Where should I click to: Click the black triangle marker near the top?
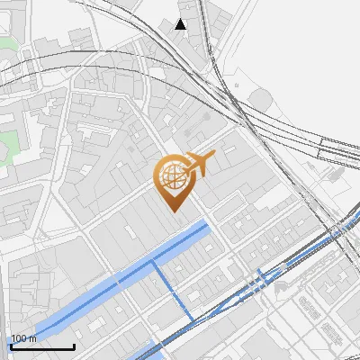(181, 23)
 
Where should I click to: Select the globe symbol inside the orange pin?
(173, 177)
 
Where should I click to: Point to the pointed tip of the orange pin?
(175, 211)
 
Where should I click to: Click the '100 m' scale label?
(23, 338)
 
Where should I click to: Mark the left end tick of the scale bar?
(11, 346)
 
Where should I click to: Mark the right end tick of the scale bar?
(74, 346)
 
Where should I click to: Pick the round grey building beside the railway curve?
(260, 96)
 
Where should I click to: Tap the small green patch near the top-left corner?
(7, 43)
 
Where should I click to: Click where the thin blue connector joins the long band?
(154, 262)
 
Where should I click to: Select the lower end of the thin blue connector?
(192, 320)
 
